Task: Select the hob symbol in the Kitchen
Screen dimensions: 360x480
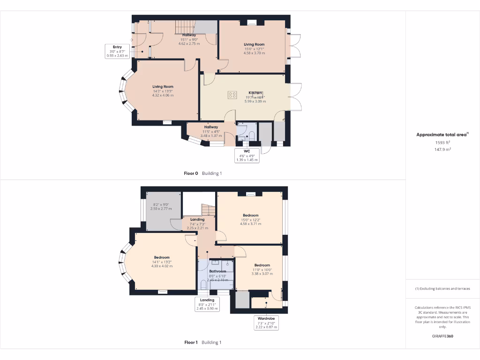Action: coord(232,95)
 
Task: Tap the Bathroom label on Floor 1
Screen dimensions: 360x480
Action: coord(217,271)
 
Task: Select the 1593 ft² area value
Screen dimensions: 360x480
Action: coord(442,142)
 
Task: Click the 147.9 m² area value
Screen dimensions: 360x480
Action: coord(442,150)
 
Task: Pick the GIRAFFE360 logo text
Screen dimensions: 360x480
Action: coord(442,336)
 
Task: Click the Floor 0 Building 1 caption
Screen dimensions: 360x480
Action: coord(203,173)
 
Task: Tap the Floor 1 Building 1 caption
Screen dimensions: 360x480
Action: coord(203,343)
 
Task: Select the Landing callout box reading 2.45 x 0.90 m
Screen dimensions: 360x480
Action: coord(207,304)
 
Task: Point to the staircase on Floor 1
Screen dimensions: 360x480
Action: coord(207,210)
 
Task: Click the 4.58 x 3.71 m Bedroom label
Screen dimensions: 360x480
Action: coord(251,219)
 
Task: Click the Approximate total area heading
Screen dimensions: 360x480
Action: coord(442,135)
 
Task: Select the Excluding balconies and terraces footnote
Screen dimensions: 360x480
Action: coord(442,289)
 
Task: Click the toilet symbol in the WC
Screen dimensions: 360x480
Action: coord(252,136)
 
